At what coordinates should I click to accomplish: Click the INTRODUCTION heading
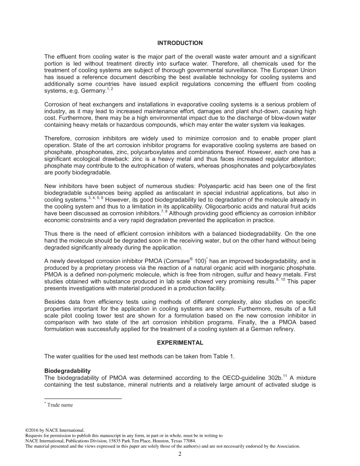pyautogui.click(x=180, y=43)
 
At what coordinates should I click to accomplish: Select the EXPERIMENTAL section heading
pyautogui.click(x=180, y=343)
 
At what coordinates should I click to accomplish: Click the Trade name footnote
pyautogui.click(x=60, y=405)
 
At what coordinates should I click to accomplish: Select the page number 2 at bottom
pyautogui.click(x=180, y=454)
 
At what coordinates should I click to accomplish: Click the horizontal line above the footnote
pyautogui.click(x=83, y=399)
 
